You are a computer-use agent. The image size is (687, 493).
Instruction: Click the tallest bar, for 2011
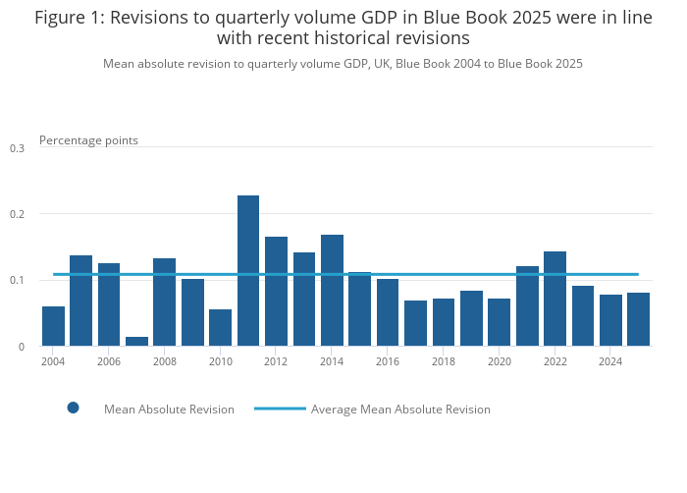(x=248, y=271)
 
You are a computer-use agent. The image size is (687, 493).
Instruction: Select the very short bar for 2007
(x=136, y=341)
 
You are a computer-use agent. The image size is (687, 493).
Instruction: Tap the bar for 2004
(x=53, y=326)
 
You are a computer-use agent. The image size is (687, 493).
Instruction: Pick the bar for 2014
(x=332, y=291)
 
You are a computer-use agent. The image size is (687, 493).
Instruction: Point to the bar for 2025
(x=638, y=319)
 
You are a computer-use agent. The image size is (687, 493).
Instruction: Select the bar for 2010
(x=220, y=328)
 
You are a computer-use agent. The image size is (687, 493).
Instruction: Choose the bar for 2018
(x=444, y=322)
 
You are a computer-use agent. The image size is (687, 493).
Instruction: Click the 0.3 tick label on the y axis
(x=17, y=148)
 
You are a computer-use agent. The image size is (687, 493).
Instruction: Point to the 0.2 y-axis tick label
(x=17, y=214)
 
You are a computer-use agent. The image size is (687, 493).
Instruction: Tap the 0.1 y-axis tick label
(x=17, y=281)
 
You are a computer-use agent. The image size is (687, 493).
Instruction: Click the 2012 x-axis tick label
(x=276, y=361)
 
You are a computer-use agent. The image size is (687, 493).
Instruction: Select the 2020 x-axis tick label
(x=500, y=361)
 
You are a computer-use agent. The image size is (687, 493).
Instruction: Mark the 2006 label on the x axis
(x=109, y=361)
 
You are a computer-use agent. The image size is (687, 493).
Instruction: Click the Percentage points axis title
(x=88, y=140)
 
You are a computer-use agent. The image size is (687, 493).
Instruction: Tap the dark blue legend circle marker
(x=73, y=408)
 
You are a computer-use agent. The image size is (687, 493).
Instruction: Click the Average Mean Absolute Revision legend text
(x=400, y=410)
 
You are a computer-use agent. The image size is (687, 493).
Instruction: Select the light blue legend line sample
(x=280, y=408)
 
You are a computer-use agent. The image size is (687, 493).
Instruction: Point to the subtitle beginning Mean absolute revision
(x=343, y=64)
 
